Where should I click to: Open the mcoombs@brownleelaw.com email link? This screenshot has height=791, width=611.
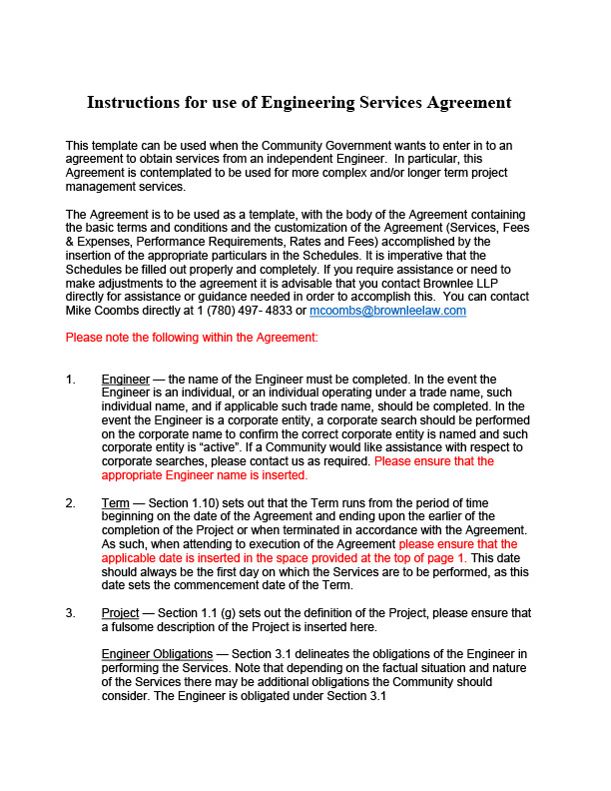pyautogui.click(x=387, y=311)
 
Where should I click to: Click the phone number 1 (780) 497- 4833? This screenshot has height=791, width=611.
pyautogui.click(x=249, y=311)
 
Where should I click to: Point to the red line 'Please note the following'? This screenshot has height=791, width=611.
pyautogui.click(x=191, y=338)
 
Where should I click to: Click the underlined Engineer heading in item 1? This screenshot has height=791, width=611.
pyautogui.click(x=125, y=380)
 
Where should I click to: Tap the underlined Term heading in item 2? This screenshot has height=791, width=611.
pyautogui.click(x=116, y=503)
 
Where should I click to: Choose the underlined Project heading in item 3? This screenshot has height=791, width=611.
pyautogui.click(x=120, y=612)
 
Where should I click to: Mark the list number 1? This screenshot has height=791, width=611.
pyautogui.click(x=70, y=380)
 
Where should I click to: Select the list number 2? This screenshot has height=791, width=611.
pyautogui.click(x=70, y=503)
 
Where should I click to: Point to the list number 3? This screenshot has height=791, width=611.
pyautogui.click(x=70, y=612)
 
